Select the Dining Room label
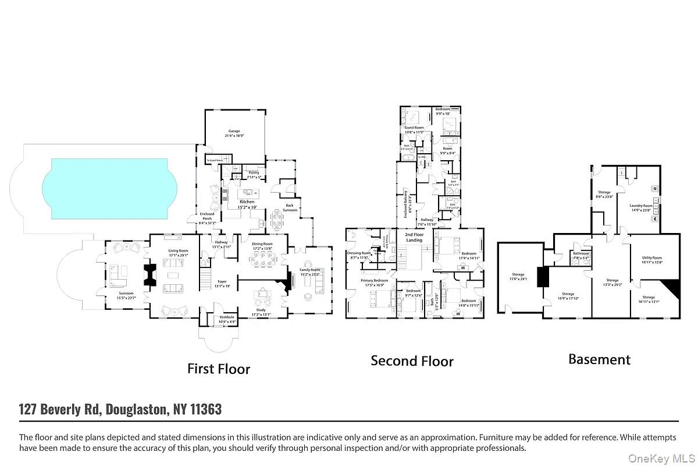coord(262,246)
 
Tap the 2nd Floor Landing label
coord(414,236)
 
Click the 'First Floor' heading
coord(219,369)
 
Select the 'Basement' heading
coord(599,359)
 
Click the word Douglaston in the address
coord(137,409)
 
